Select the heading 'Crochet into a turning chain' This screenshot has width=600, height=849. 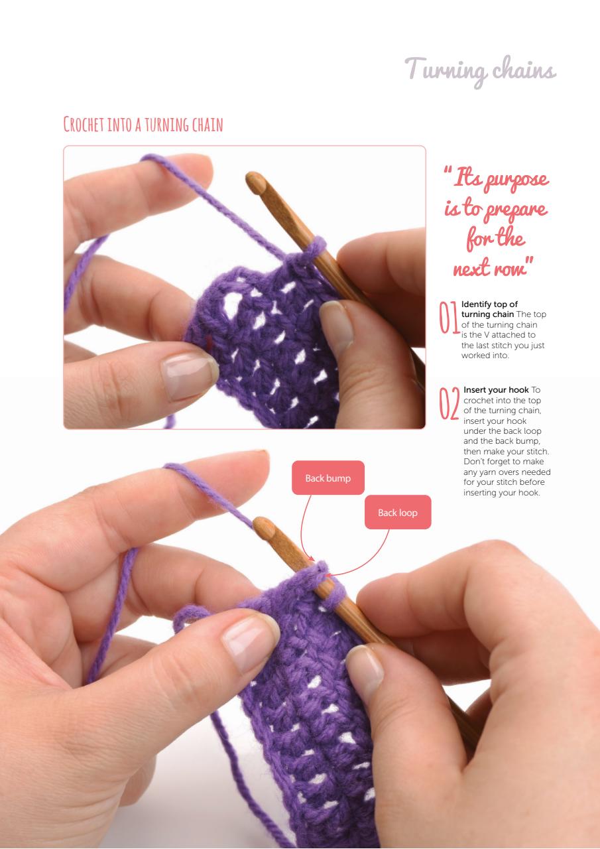pyautogui.click(x=143, y=124)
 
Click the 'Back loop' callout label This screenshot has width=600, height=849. pyautogui.click(x=398, y=512)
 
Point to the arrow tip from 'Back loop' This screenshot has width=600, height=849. pyautogui.click(x=328, y=574)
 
